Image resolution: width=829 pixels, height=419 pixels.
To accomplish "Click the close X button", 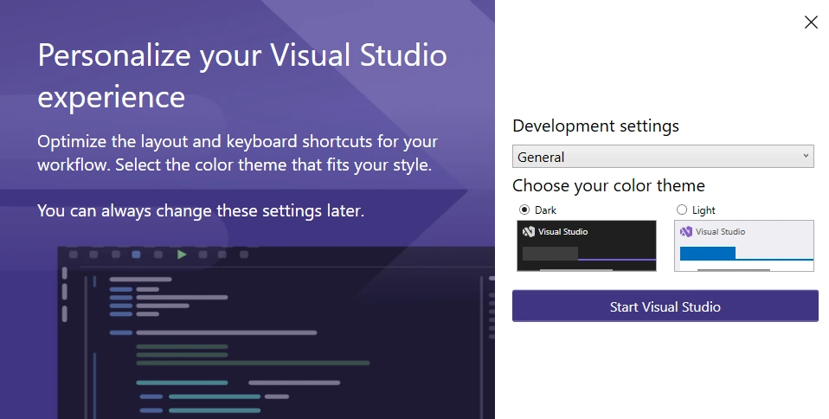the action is pos(811,23).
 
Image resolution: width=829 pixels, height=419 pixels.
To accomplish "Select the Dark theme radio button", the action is pos(524,210).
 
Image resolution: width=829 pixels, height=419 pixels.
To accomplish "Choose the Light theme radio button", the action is pos(682,210).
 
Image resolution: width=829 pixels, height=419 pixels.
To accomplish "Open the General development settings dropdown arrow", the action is pos(806,156).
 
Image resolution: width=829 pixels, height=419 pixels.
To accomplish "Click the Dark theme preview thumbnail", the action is pos(587,246).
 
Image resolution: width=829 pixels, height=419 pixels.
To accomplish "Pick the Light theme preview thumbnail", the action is pos(744,246).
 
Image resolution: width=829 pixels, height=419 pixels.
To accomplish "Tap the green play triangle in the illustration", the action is pos(182,255).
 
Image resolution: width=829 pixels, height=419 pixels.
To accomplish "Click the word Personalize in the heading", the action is pos(114,56).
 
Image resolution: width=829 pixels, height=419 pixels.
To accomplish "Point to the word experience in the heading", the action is pos(111,97).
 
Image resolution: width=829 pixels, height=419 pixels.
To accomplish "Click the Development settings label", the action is pos(596,126).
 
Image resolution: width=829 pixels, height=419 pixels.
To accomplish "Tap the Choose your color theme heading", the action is pos(608,185).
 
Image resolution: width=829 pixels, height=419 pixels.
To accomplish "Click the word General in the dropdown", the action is pos(541,158).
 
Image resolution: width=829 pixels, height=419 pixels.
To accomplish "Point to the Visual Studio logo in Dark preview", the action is pos(528,232).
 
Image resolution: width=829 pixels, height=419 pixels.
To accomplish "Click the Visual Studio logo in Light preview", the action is pos(685,232).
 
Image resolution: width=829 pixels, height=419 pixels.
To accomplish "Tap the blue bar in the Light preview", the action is pos(707,254).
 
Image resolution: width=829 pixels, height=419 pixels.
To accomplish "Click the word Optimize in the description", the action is pos(72,142).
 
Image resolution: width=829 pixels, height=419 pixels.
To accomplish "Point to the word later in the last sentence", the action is pos(345,210).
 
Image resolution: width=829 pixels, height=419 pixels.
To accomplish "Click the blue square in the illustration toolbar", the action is pos(136,255).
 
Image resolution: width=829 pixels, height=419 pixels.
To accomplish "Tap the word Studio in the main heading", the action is pos(403,55).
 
